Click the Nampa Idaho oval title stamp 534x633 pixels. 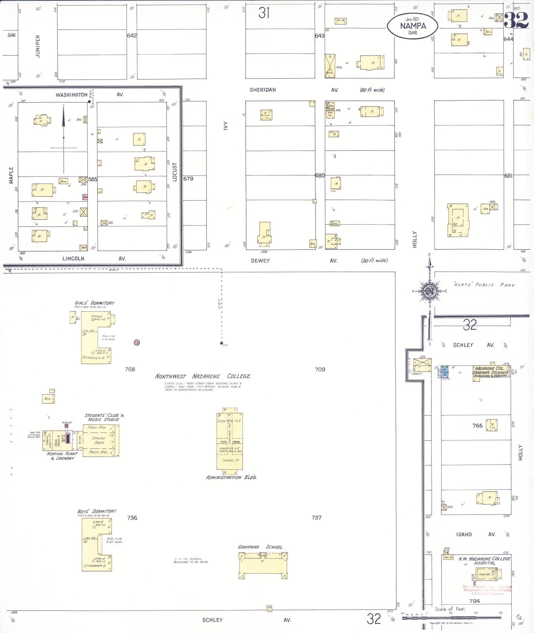[413, 26]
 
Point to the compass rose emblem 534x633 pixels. [429, 291]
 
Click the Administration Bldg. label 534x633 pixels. [231, 477]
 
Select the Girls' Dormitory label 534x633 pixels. [95, 303]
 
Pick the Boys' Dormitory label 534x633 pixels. [97, 511]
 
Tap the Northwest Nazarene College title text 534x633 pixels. [203, 376]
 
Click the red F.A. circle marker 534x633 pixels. [136, 342]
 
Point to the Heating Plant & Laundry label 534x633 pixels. [62, 456]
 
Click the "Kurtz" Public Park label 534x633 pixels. [484, 285]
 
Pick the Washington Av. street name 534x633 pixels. [72, 95]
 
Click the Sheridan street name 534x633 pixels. [263, 90]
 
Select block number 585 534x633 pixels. [93, 179]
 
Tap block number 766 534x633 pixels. [477, 426]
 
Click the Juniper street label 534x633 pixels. [38, 46]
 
